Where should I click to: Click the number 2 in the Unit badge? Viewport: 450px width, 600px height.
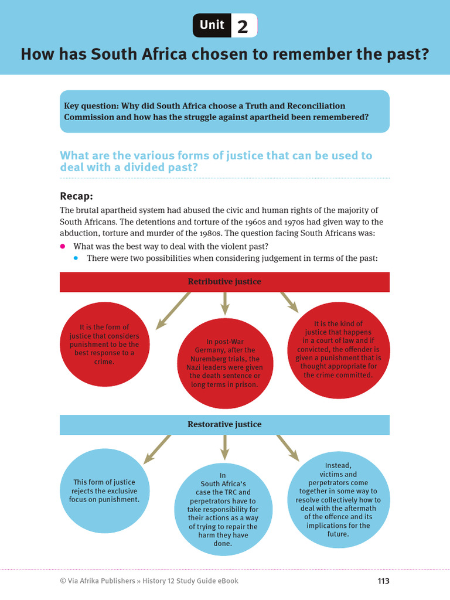(243, 26)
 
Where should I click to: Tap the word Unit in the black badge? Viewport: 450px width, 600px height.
(212, 25)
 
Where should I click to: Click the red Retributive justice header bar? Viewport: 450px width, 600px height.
(224, 282)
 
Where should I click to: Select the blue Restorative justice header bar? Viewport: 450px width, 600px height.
(224, 424)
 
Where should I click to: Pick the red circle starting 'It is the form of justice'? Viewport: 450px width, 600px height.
(104, 345)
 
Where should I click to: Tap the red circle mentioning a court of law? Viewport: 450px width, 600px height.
(338, 349)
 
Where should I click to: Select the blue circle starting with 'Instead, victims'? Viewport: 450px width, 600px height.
(338, 500)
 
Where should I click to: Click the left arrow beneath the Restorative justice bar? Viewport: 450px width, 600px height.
(155, 448)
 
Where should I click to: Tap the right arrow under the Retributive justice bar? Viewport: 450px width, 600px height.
(288, 301)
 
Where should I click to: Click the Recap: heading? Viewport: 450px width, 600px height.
(77, 196)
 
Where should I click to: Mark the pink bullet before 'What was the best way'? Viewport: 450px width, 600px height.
(63, 247)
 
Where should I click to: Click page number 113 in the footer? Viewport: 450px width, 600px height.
(383, 581)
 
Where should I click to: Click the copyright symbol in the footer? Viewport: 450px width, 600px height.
(63, 581)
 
